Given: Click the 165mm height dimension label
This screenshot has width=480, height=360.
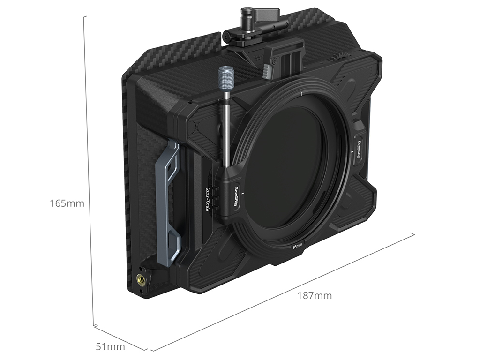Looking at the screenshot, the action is (67, 203).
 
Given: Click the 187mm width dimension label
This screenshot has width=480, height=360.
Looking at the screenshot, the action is (315, 295).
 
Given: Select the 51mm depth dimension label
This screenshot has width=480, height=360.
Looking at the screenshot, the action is (111, 347).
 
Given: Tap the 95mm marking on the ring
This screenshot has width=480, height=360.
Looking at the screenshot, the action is (297, 246).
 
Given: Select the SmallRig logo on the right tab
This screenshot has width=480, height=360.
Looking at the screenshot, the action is (359, 149).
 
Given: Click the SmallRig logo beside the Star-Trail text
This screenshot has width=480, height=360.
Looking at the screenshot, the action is (236, 196).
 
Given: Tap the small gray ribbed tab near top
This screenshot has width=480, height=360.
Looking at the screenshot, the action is (267, 71).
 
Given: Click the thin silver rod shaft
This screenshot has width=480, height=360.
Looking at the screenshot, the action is (227, 128).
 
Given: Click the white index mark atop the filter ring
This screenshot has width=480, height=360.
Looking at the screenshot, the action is (302, 94).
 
